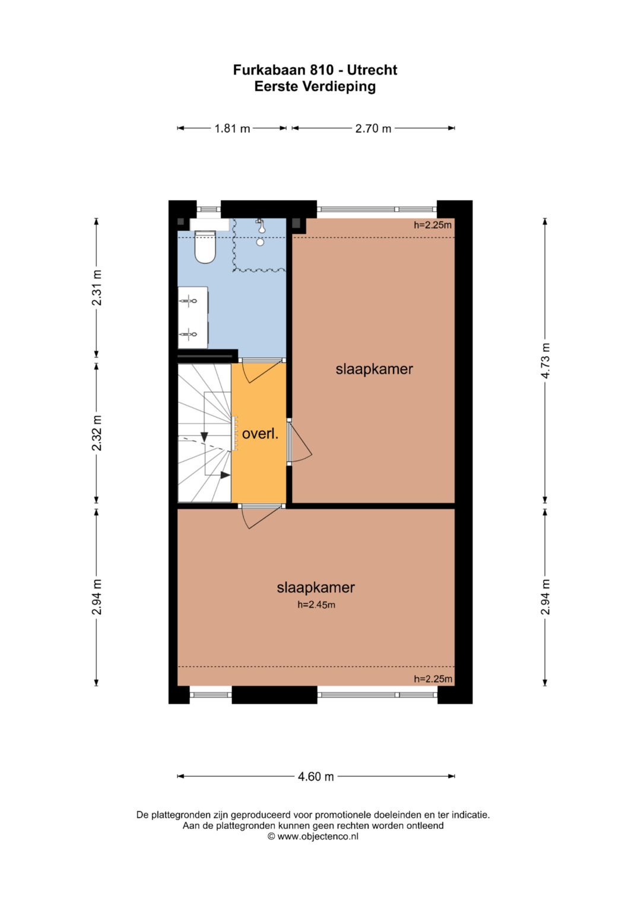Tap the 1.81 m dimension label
point(232,129)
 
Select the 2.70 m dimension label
point(373,129)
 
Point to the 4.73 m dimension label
point(545,360)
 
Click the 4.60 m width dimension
point(316,777)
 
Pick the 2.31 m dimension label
point(96,288)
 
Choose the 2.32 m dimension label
point(96,433)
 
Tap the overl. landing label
point(260,434)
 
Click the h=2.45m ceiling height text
point(316,605)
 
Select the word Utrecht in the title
point(372,70)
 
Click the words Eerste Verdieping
point(315,87)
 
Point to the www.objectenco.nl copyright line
point(313,836)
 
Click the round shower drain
point(260,242)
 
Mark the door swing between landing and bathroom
point(261,370)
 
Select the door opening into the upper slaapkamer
point(300,441)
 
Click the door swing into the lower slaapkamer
point(261,517)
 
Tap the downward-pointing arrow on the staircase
point(204,437)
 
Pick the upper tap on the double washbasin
point(189,301)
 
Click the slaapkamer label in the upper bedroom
point(375,369)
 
